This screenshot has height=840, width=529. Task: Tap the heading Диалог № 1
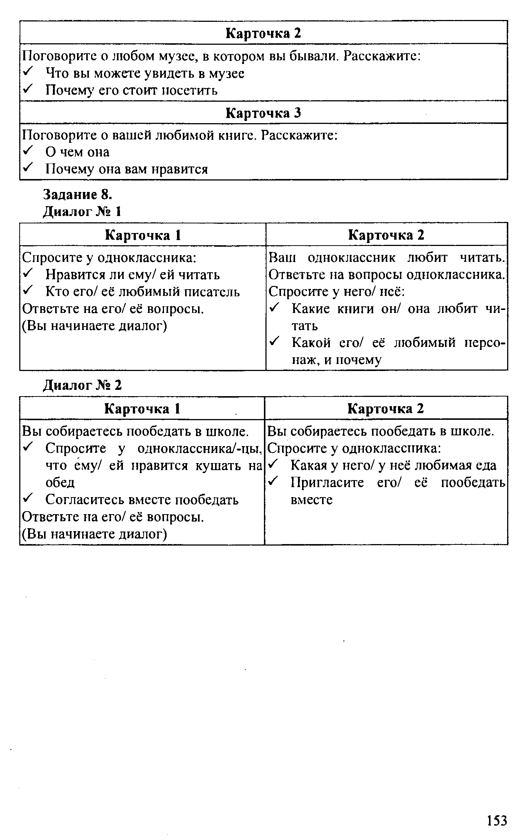(x=83, y=212)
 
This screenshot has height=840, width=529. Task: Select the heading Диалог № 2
(x=83, y=385)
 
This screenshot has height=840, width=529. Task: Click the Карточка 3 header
(x=263, y=113)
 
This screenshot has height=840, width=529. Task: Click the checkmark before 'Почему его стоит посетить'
(x=28, y=90)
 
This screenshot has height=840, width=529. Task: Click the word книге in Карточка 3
(x=235, y=135)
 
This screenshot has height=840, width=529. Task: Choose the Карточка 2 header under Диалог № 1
(x=386, y=235)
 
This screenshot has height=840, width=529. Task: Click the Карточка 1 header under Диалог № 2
(x=142, y=409)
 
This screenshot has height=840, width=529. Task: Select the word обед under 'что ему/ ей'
(x=60, y=482)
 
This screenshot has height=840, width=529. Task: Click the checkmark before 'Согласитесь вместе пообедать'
(x=28, y=499)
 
